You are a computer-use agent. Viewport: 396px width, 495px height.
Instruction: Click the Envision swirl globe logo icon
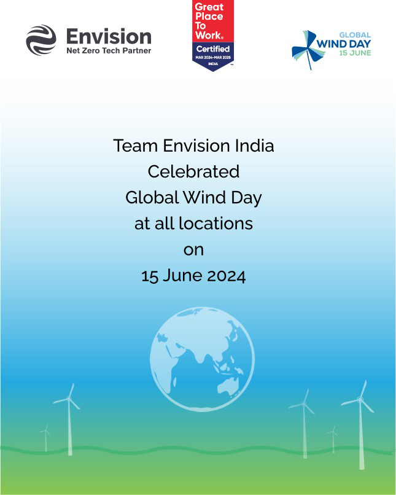tap(41, 40)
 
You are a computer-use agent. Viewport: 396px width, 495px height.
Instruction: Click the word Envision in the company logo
tap(109, 37)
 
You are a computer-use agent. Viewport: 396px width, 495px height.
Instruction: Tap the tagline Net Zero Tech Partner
tap(109, 50)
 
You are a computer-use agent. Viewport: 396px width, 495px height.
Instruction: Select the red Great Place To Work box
tap(213, 21)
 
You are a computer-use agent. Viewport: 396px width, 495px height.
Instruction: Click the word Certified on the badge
tap(213, 49)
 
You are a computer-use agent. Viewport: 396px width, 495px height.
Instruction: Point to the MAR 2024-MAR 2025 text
tap(213, 58)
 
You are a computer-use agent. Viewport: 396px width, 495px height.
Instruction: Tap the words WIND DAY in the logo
tap(344, 44)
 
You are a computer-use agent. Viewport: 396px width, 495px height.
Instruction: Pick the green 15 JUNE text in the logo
tap(355, 53)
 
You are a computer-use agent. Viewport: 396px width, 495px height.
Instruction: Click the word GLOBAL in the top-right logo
tap(355, 35)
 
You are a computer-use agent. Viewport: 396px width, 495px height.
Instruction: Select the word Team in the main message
tap(135, 146)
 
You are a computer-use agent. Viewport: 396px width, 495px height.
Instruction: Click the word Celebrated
tap(193, 172)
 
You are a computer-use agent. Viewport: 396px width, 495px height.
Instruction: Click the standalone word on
tap(193, 251)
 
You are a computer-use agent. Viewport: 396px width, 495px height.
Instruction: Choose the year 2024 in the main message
tap(226, 276)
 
